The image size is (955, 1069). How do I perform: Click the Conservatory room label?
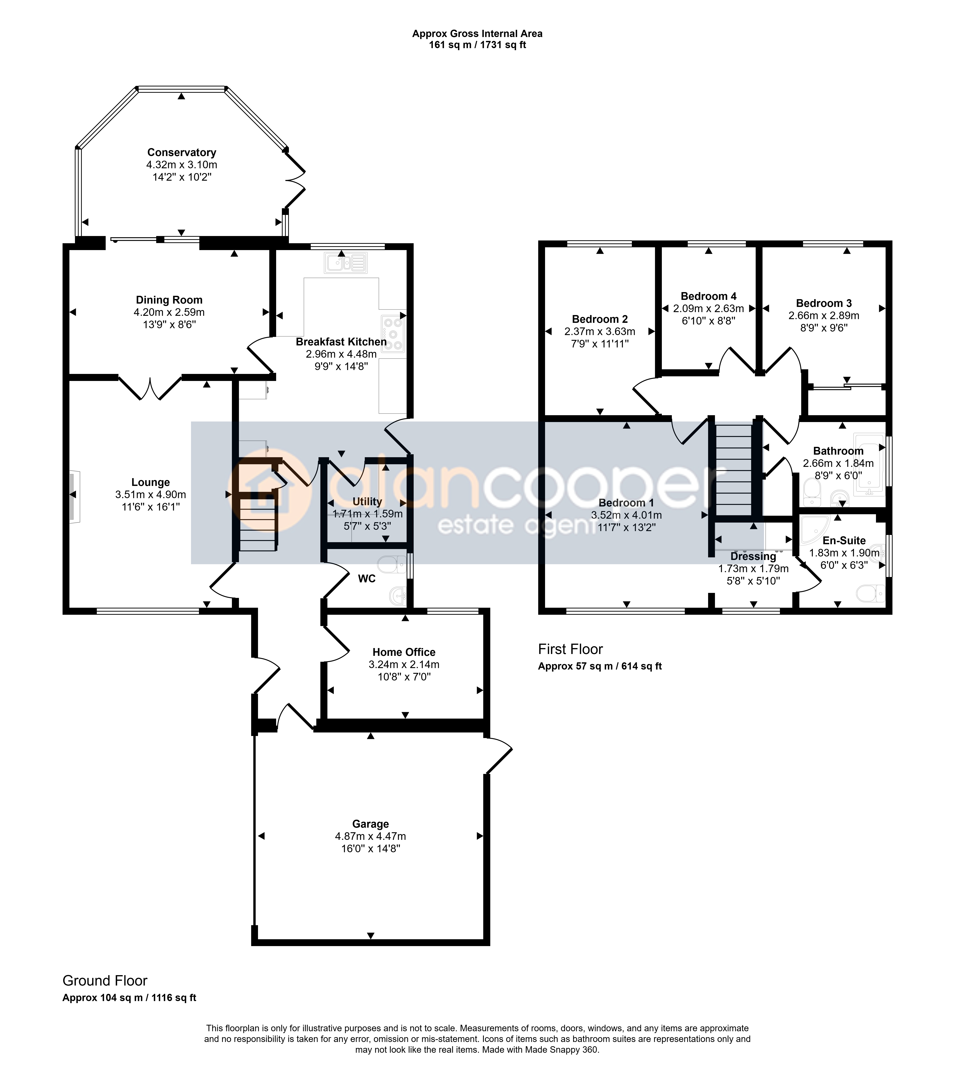[x=182, y=152]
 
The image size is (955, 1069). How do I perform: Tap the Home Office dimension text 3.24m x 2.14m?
[x=404, y=664]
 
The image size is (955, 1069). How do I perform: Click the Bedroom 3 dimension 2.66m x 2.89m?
[x=824, y=315]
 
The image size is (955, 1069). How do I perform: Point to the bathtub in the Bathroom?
[x=869, y=464]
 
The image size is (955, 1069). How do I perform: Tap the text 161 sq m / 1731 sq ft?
[x=477, y=45]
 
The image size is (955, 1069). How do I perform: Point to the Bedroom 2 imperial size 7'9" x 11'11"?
[x=600, y=344]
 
